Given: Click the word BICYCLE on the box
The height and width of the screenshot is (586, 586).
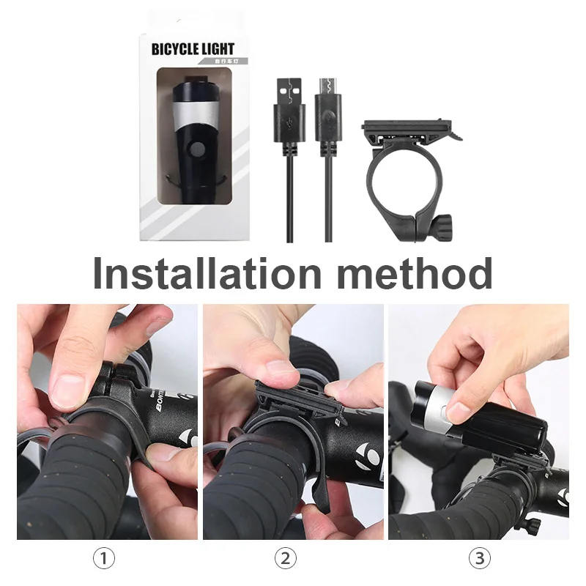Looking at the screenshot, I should click(176, 50).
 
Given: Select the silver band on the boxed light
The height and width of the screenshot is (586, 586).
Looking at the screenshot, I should click(194, 114).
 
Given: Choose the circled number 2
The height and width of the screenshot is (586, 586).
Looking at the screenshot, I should click(286, 559).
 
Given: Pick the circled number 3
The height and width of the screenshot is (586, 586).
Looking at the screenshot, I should click(479, 559).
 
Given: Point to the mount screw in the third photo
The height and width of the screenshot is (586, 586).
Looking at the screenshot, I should click(533, 523).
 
